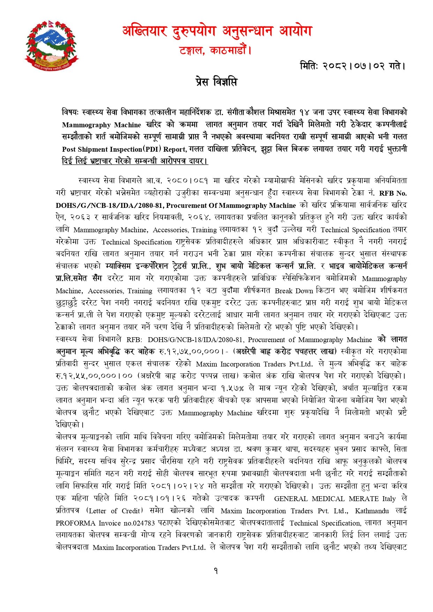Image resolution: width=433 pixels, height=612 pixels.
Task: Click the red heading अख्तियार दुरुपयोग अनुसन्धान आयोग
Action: coord(217,32)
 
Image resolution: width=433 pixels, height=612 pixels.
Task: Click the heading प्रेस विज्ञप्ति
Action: coord(216,82)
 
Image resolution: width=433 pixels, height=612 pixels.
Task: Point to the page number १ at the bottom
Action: coord(216,571)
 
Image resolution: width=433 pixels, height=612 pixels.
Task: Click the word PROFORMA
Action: coord(75,523)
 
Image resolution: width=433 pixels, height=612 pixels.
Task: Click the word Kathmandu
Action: coord(372,511)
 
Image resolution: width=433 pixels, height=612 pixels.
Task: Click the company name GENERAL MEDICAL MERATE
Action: coord(326,499)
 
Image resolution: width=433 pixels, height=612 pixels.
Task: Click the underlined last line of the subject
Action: coord(135,161)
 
